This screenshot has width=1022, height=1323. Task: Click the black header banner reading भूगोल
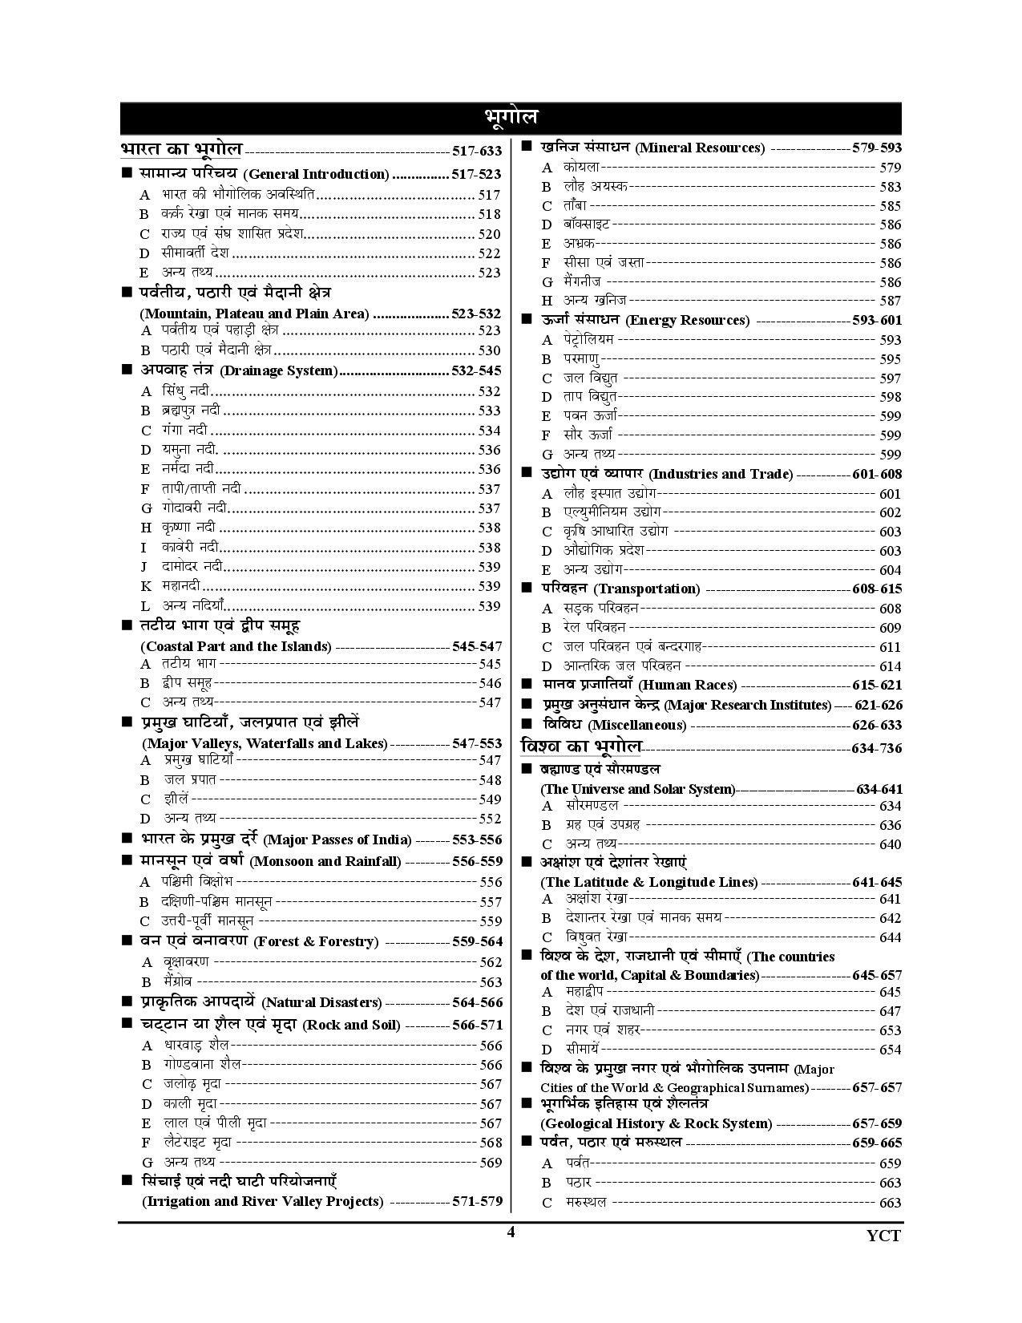click(x=511, y=117)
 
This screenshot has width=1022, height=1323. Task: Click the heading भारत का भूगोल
click(x=181, y=149)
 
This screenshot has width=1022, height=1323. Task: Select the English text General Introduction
click(x=316, y=174)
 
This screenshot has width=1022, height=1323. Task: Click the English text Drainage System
click(x=278, y=370)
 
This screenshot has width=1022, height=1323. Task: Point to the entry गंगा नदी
click(x=184, y=431)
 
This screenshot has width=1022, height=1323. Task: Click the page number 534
click(x=489, y=431)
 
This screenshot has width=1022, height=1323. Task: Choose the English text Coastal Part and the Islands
click(x=236, y=646)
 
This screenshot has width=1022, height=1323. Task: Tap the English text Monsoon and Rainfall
click(x=325, y=861)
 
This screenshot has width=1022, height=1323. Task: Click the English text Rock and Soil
click(x=349, y=1025)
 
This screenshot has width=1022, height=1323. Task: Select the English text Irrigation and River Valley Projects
click(x=262, y=1201)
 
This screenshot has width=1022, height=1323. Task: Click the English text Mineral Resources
click(x=700, y=148)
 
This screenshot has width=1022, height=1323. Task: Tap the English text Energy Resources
click(x=687, y=320)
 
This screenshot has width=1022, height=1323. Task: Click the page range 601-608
click(x=877, y=474)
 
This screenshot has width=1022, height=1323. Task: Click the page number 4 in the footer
click(x=511, y=1233)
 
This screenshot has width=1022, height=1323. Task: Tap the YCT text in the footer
click(x=883, y=1236)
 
